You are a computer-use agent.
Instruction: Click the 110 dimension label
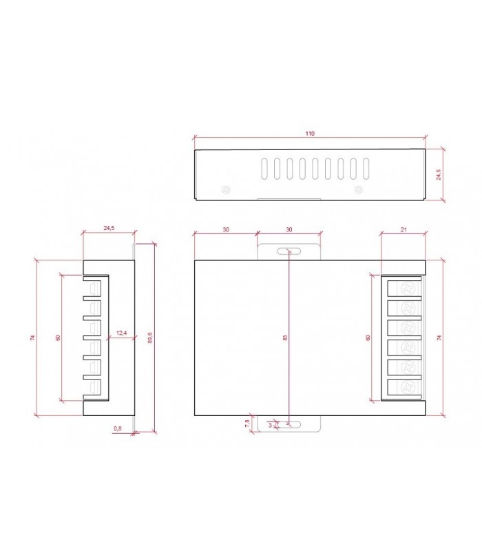(x=309, y=134)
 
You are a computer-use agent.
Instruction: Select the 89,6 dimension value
(x=150, y=337)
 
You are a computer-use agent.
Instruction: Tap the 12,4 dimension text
(x=121, y=333)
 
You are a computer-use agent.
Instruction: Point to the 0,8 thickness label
(x=118, y=428)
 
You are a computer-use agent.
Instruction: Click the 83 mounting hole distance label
(x=285, y=337)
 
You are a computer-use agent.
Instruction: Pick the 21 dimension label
(x=404, y=229)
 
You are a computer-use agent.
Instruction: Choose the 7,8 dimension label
(x=247, y=423)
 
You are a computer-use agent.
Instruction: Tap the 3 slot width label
(x=270, y=425)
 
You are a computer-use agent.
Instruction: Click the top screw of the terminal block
(x=408, y=289)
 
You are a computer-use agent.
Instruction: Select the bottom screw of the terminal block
(x=408, y=388)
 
